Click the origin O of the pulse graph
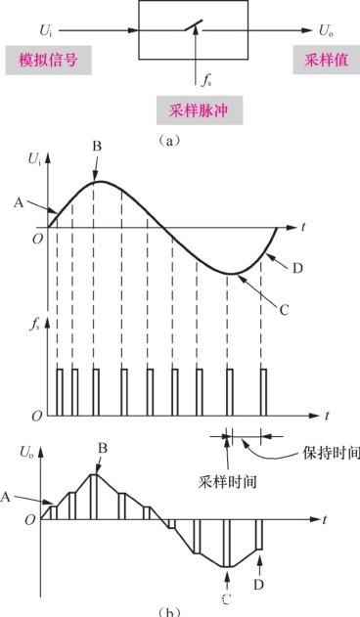pyautogui.click(x=35, y=417)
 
